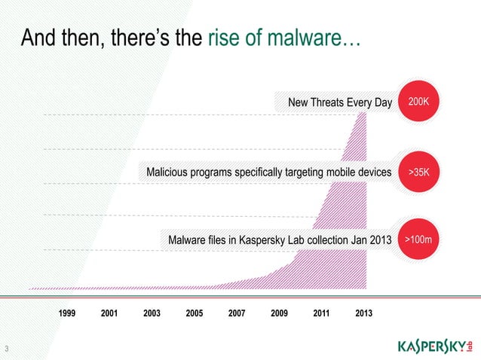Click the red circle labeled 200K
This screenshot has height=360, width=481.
point(419,101)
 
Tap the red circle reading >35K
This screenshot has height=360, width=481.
point(419,172)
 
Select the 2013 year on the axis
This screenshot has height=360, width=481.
point(363,313)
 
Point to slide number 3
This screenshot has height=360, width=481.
point(6,348)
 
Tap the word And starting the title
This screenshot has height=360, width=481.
point(37,38)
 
